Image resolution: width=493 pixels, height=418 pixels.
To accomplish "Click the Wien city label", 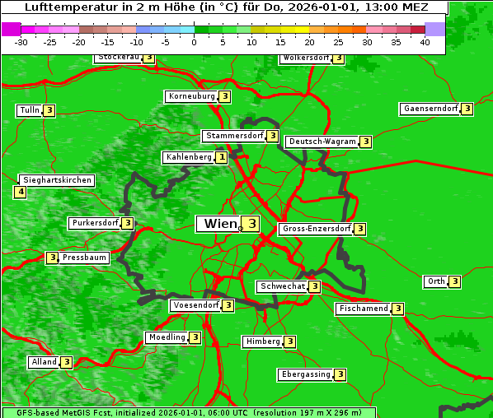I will tap(219, 224).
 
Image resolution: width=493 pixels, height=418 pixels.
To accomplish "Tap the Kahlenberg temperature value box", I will tap(222, 157).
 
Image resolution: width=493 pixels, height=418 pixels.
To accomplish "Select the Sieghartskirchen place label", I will tap(57, 180).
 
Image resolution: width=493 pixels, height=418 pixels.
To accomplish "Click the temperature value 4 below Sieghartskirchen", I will tap(20, 193).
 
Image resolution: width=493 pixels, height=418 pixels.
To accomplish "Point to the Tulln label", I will tap(29, 110).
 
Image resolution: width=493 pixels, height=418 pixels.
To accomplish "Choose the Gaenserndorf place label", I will tap(430, 109).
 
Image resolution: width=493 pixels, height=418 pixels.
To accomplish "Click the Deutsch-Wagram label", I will tap(322, 142).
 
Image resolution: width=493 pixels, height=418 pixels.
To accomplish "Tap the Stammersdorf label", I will tap(234, 136).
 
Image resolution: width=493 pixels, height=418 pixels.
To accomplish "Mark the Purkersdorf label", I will tap(95, 223).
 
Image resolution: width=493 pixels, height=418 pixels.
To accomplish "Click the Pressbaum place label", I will tap(84, 258).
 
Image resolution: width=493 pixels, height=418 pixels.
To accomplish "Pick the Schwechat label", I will tap(281, 286).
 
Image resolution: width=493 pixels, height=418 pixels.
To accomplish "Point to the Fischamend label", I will tap(363, 309).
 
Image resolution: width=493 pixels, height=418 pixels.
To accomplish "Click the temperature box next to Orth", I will tap(454, 281).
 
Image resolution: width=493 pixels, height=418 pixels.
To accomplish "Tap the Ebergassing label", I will tap(306, 374).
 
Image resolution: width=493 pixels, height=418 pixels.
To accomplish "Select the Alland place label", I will tap(45, 362).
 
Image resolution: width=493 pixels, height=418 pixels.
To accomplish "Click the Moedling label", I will tap(167, 337).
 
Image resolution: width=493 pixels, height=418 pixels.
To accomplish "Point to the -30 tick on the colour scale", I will tap(21, 41).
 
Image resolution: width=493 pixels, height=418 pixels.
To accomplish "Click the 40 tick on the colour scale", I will tap(425, 41).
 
